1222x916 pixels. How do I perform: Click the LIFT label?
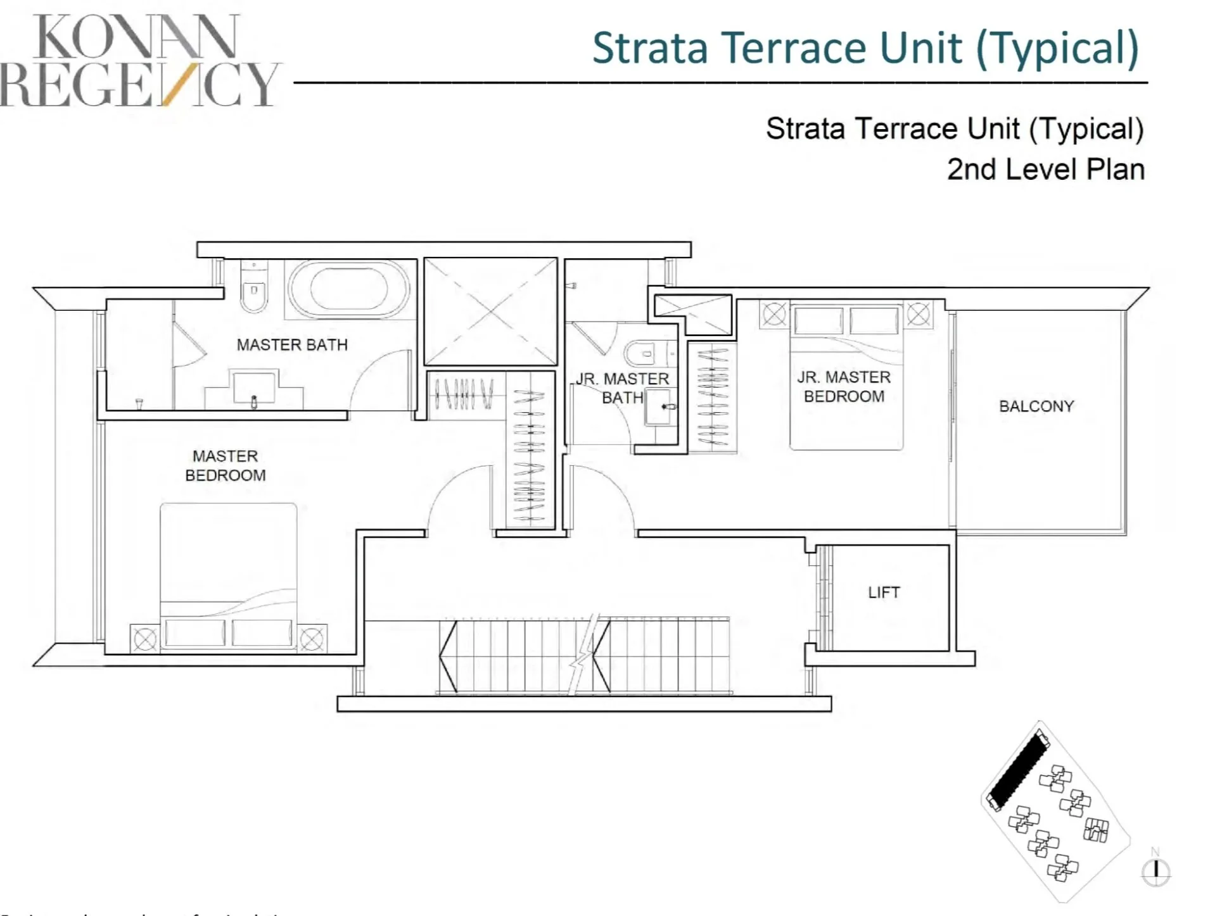(x=883, y=593)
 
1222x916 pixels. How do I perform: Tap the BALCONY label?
(x=1036, y=406)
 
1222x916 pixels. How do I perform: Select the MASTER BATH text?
(x=292, y=345)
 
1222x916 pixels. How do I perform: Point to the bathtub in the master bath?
(x=349, y=289)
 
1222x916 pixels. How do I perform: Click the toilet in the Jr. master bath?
(x=643, y=353)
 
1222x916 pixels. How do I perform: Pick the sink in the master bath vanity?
(x=254, y=388)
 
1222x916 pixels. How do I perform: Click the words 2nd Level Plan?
(x=1045, y=170)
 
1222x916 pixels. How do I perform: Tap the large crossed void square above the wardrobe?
(x=491, y=311)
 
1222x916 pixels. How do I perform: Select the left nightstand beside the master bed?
(x=144, y=639)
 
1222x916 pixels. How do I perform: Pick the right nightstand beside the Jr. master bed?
(x=918, y=313)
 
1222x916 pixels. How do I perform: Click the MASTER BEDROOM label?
(x=226, y=465)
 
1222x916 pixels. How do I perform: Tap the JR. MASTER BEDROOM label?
(x=844, y=387)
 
